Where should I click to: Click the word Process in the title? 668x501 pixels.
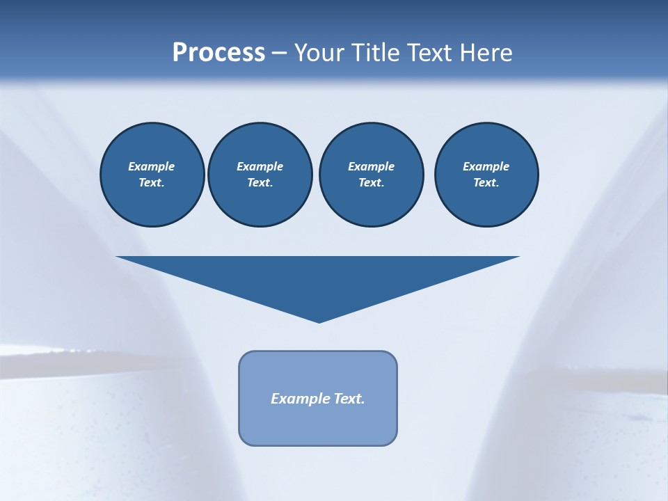(218, 53)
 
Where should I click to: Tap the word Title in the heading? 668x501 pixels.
(373, 53)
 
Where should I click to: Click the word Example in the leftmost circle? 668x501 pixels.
(152, 166)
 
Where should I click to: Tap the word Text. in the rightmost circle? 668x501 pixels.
(486, 182)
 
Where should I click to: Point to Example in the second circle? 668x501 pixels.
(260, 166)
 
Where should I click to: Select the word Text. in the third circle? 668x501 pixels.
(371, 182)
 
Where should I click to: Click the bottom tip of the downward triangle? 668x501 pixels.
(319, 321)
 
